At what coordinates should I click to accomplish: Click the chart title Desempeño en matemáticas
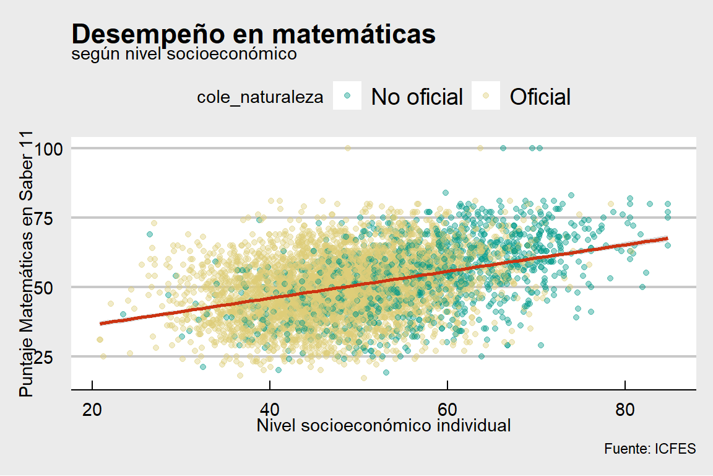click(254, 34)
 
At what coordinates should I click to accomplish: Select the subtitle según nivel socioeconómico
click(184, 55)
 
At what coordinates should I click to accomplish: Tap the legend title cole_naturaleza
click(260, 97)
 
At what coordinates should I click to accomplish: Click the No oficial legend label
click(417, 97)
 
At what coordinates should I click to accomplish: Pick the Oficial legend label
click(540, 97)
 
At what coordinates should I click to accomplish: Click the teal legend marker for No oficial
click(347, 96)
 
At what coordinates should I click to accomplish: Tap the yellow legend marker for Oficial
click(486, 96)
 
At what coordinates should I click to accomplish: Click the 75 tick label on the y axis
click(52, 218)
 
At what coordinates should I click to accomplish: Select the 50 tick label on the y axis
click(52, 287)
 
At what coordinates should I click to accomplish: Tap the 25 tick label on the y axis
click(52, 356)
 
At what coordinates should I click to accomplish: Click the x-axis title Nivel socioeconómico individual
click(384, 426)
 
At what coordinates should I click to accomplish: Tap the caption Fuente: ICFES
click(650, 449)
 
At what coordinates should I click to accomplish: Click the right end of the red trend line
click(667, 238)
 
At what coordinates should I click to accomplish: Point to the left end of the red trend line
click(101, 324)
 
